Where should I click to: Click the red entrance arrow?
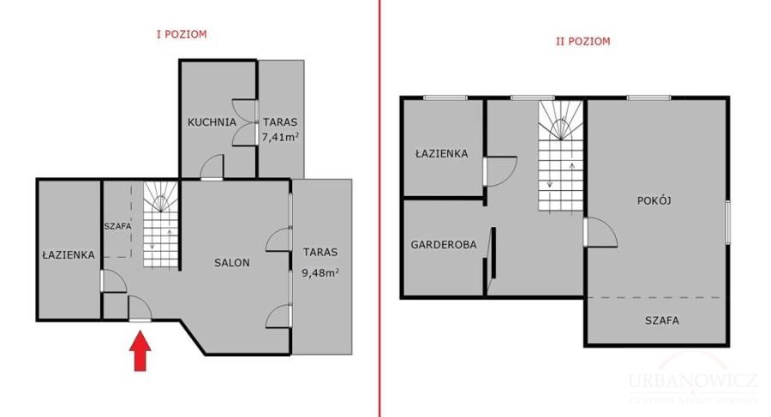tap(140, 350)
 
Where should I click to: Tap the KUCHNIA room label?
tap(212, 122)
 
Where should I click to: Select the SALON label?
tap(232, 263)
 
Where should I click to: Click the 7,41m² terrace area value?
tap(280, 137)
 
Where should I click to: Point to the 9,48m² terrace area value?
tap(320, 272)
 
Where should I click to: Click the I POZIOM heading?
tap(182, 34)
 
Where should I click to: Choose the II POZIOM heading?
tap(583, 41)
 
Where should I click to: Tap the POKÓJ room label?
tap(654, 200)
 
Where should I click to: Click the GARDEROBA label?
tap(444, 244)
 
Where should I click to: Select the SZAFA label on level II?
tap(662, 320)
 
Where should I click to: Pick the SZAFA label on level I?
tap(118, 227)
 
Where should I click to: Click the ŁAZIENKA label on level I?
tap(69, 254)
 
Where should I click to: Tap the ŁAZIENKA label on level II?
tap(442, 153)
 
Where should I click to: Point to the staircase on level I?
tap(161, 224)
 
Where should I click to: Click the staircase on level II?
tap(560, 156)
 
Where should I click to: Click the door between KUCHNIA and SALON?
tap(212, 167)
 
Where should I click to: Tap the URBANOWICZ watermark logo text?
tap(692, 380)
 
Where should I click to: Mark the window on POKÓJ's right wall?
tap(727, 223)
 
